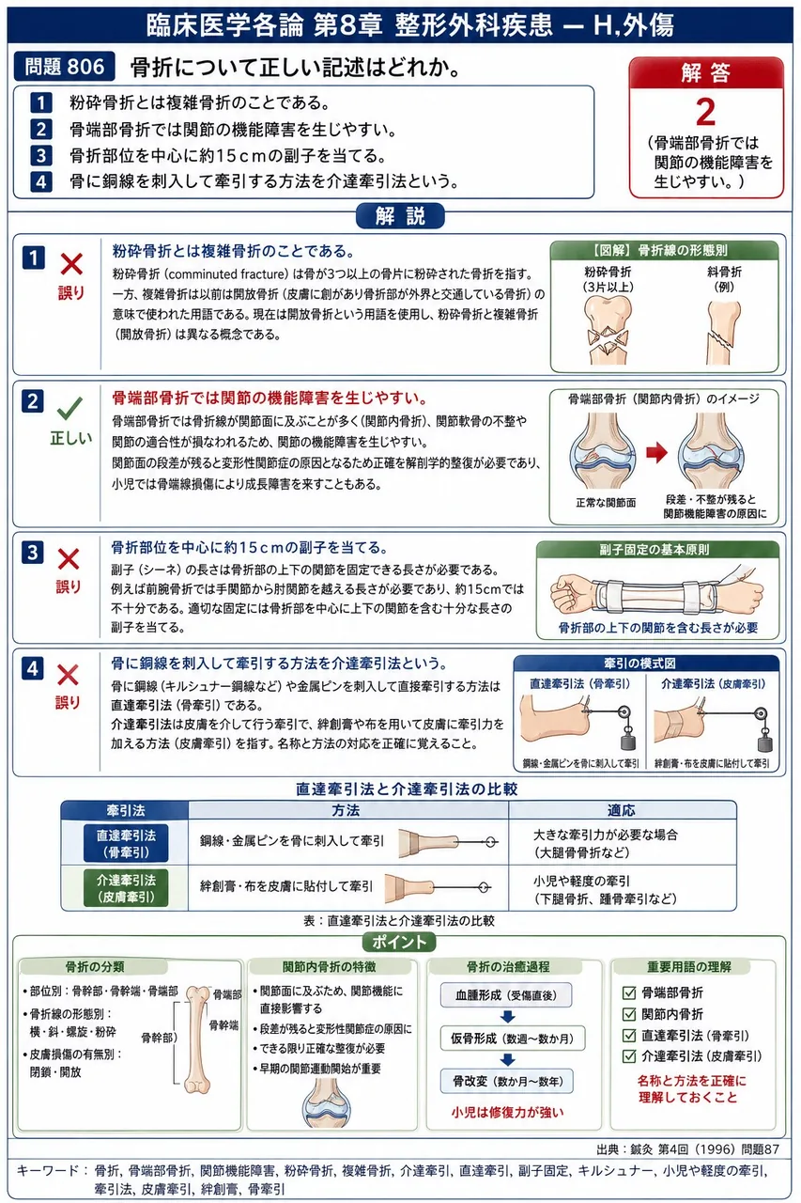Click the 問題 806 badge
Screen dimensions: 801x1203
(64, 67)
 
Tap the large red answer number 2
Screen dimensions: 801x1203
(705, 112)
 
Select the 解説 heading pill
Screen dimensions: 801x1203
(400, 216)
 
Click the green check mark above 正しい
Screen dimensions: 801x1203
(69, 409)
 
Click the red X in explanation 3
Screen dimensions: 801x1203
(69, 559)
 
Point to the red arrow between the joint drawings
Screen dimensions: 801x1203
(656, 452)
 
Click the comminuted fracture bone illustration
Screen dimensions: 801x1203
(608, 331)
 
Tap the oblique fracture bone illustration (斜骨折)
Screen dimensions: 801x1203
(723, 333)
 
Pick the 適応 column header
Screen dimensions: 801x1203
(622, 810)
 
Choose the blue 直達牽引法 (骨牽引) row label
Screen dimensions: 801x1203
(126, 843)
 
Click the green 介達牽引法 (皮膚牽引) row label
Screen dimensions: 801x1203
(126, 888)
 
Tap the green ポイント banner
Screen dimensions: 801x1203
(399, 942)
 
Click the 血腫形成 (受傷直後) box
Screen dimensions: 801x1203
(506, 995)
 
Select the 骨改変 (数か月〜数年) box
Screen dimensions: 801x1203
(507, 1081)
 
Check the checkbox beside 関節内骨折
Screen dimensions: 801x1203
(629, 1014)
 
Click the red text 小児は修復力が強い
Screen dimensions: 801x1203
(507, 1112)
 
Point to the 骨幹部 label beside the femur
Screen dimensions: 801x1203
(159, 1037)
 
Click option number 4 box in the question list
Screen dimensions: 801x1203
(41, 181)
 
